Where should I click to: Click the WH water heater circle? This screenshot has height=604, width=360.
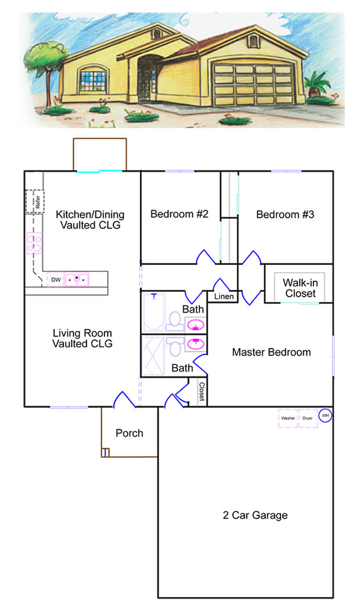coord(326,416)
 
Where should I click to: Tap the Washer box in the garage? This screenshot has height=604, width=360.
coord(288,419)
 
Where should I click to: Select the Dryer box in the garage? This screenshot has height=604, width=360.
coord(308,419)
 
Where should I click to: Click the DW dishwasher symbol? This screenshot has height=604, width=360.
coord(55,279)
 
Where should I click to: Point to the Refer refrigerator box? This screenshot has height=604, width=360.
coord(34,202)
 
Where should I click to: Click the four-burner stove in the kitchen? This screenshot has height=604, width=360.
coord(34,243)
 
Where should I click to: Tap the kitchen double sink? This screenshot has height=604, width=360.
coord(77,279)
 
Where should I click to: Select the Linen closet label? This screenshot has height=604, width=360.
coord(223,296)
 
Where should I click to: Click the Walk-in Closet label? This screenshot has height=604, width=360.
coord(300,288)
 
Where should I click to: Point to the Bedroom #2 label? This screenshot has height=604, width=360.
coord(179,214)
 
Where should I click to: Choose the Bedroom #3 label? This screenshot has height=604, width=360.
coord(285,214)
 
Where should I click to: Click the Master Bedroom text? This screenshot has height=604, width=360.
coord(271,352)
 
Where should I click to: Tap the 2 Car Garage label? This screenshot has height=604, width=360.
coord(256,515)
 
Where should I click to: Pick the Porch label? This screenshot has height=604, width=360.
coord(129,433)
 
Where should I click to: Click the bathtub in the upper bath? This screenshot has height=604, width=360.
coord(153,312)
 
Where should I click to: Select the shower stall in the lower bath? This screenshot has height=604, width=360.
coord(153,356)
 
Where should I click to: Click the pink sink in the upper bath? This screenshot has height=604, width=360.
coord(196,326)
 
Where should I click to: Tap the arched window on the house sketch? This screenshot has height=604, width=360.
coord(94,79)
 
